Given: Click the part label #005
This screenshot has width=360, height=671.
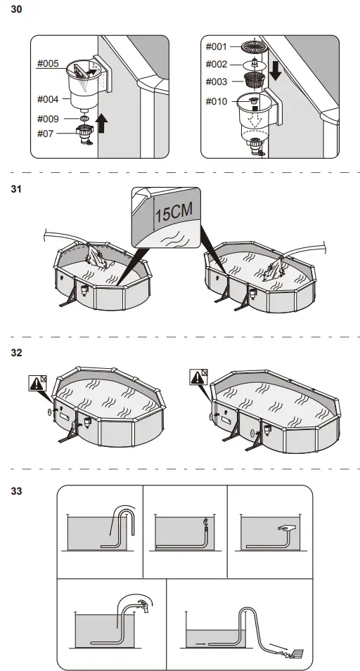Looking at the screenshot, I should pyautogui.click(x=48, y=63).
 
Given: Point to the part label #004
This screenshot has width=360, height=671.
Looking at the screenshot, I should pyautogui.click(x=48, y=99).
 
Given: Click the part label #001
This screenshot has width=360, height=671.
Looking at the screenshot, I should pyautogui.click(x=217, y=46).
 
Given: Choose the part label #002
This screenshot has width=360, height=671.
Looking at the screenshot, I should pyautogui.click(x=217, y=64).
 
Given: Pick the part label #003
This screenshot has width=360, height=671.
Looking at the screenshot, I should pyautogui.click(x=217, y=82).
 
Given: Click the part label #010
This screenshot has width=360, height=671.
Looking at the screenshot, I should pyautogui.click(x=217, y=102).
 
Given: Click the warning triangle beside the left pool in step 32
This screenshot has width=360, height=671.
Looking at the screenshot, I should pyautogui.click(x=35, y=384).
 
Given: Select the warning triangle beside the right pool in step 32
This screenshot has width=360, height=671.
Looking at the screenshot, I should pyautogui.click(x=199, y=377).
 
